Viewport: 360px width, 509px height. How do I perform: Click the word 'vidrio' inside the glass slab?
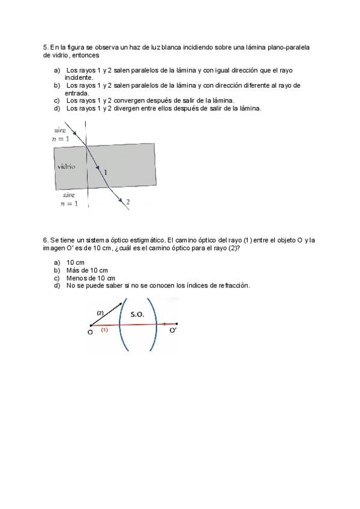point(66,166)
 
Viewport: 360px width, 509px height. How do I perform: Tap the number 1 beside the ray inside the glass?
point(106,172)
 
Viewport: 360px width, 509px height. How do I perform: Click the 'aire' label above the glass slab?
point(60,130)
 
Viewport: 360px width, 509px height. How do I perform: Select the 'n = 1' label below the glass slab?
point(69,204)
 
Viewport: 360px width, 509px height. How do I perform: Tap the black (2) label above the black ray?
point(100,313)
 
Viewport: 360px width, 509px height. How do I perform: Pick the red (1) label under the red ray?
point(104,330)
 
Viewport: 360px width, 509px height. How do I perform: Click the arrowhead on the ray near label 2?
point(121,199)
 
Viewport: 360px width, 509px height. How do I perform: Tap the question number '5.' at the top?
point(46,47)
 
